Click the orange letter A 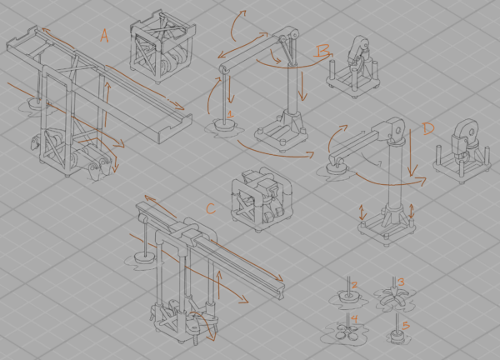pyautogui.click(x=104, y=36)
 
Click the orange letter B pyautogui.click(x=322, y=51)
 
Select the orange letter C pyautogui.click(x=211, y=209)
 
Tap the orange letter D pyautogui.click(x=428, y=128)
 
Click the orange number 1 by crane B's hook pyautogui.click(x=230, y=114)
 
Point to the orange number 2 pyautogui.click(x=354, y=285)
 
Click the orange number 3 pyautogui.click(x=401, y=282)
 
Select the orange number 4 pyautogui.click(x=355, y=317)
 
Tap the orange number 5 pyautogui.click(x=406, y=326)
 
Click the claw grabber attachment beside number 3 pyautogui.click(x=392, y=297)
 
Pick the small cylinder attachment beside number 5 pyautogui.click(x=397, y=337)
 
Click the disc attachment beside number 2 pyautogui.click(x=348, y=297)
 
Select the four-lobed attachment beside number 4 pyautogui.click(x=347, y=333)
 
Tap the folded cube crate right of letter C pyautogui.click(x=261, y=199)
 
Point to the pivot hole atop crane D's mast pyautogui.click(x=397, y=130)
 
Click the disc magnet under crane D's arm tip pyautogui.click(x=337, y=167)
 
